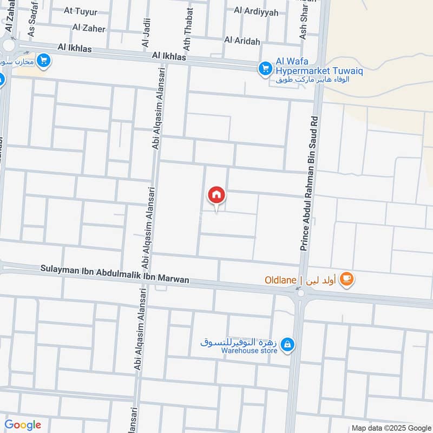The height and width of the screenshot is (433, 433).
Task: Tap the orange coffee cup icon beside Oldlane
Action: click(347, 279)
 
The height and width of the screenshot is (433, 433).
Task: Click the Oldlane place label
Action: click(280, 280)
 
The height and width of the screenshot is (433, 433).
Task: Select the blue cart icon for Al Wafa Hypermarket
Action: click(265, 68)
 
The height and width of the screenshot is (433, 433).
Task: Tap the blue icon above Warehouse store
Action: click(288, 343)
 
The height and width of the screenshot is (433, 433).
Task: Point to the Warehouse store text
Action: click(249, 351)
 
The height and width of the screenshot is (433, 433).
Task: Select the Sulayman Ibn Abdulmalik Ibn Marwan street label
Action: click(115, 274)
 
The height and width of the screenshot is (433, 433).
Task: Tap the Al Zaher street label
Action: click(88, 28)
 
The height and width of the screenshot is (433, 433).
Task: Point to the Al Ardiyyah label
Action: click(256, 11)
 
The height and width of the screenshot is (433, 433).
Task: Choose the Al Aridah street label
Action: click(242, 41)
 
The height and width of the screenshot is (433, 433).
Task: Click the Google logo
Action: click(23, 425)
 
